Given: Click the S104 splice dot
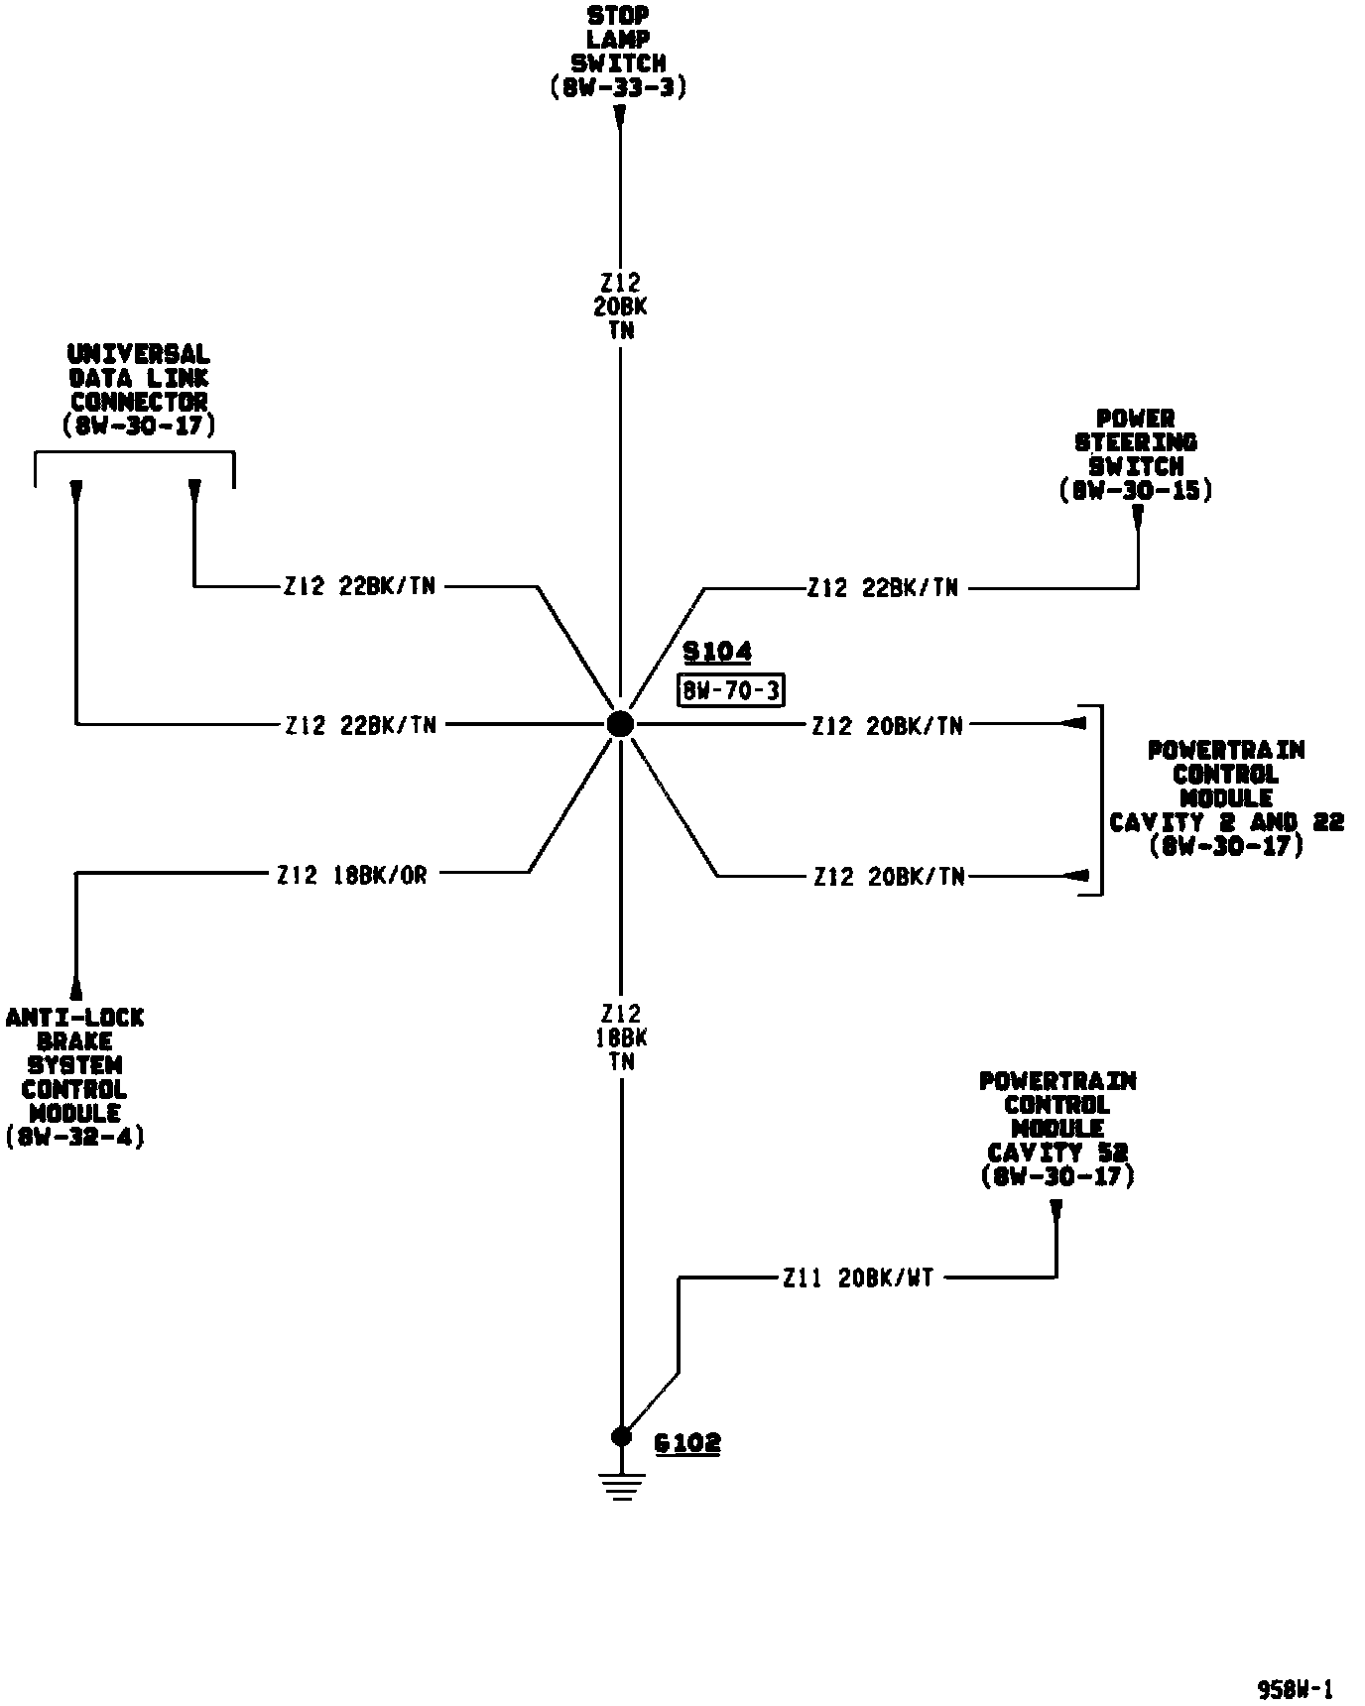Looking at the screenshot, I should click(x=620, y=724).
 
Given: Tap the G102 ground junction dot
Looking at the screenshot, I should click(x=621, y=1436).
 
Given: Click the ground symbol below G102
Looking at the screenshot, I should click(x=622, y=1485).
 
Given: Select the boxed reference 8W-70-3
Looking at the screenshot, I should click(x=731, y=690).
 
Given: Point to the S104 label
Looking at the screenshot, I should click(x=717, y=652).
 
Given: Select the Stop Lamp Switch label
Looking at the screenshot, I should click(x=619, y=52).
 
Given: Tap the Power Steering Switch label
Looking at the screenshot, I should click(x=1136, y=454).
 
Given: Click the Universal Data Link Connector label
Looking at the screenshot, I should click(x=138, y=390).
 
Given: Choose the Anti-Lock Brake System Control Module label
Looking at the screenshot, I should click(x=74, y=1077).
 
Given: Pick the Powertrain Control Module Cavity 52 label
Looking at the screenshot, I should click(x=1056, y=1129).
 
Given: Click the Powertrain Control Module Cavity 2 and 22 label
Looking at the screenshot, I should click(x=1226, y=798).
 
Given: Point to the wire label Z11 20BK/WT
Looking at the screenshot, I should click(x=858, y=1278).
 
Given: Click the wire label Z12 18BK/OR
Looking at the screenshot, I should click(x=352, y=875).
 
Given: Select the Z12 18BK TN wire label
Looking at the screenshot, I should click(x=622, y=1037).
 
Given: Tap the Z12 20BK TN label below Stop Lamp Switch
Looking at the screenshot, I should click(x=621, y=306).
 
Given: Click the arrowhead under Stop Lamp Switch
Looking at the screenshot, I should click(x=620, y=118).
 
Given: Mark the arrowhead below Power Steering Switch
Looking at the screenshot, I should click(x=1138, y=516).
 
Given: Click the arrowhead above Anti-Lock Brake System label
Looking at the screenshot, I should click(x=76, y=987).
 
